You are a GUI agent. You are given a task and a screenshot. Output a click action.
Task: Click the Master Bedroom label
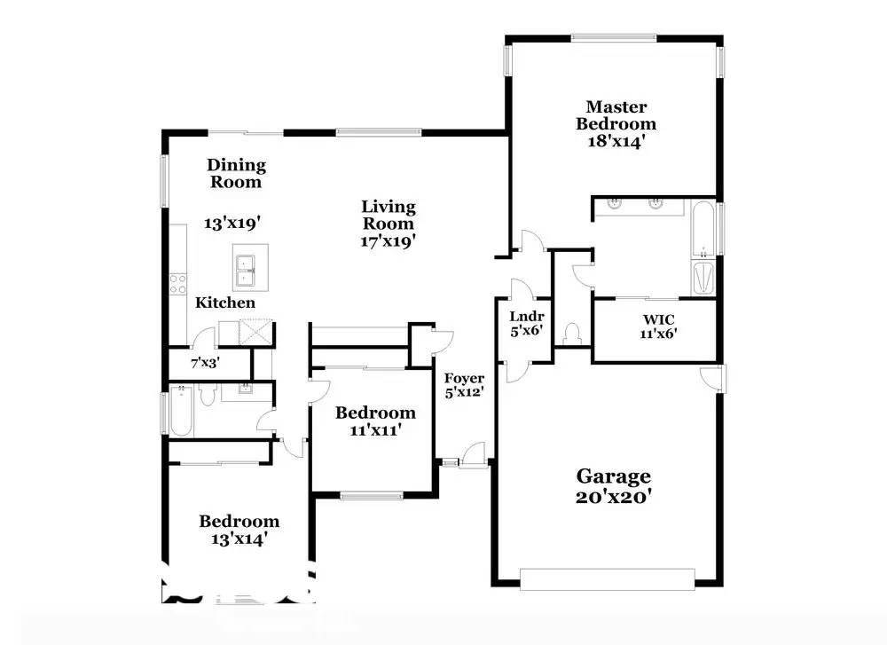(616, 115)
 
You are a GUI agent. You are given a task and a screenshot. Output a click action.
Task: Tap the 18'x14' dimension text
(616, 140)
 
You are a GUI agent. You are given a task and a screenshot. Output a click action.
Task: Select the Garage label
(614, 476)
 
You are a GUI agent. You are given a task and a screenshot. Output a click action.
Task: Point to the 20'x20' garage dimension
(614, 497)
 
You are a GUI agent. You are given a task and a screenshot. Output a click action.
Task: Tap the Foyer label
(464, 379)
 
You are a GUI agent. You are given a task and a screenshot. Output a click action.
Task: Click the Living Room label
(388, 215)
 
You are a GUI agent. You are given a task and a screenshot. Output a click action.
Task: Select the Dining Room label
(236, 173)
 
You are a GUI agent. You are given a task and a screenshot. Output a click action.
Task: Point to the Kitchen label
(225, 303)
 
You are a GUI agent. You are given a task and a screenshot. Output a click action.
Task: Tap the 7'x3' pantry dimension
(205, 362)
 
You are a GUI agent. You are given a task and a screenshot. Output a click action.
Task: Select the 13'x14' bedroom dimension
(239, 538)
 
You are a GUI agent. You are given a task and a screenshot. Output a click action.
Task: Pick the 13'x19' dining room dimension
(235, 224)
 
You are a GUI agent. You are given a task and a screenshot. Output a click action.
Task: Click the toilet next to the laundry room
(572, 333)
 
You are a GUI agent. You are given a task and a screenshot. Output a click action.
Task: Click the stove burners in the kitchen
(177, 284)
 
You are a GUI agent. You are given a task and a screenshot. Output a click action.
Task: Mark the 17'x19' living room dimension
(388, 240)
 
